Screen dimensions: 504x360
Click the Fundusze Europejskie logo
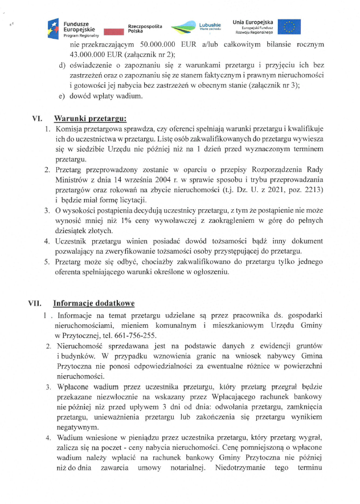coord(72,27)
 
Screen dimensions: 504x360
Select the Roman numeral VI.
coord(37,119)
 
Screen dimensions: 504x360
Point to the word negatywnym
coord(78,426)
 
